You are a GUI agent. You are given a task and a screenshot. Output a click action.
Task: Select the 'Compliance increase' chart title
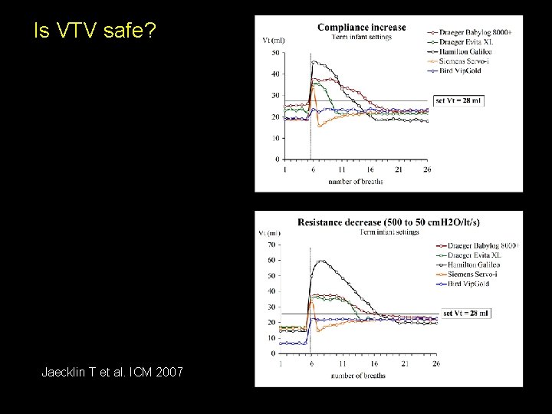point(361,28)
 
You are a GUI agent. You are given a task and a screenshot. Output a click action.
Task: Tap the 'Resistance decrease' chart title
point(389,222)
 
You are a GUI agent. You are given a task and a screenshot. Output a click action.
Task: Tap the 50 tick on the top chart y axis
point(275,53)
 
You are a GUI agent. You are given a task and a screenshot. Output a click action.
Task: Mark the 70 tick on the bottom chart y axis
point(272,245)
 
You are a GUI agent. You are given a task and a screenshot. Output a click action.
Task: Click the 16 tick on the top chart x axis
point(370,169)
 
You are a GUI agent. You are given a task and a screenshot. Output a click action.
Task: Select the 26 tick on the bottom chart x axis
point(436,363)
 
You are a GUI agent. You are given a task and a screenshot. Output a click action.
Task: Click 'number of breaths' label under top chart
point(356,182)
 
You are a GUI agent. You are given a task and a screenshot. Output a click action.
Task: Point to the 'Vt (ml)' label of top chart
point(273,39)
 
